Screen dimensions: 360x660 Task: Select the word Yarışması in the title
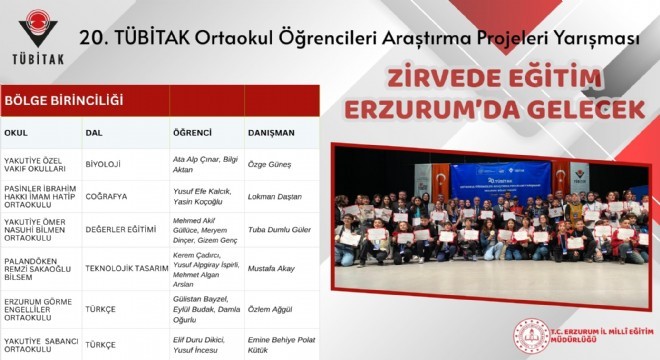580,40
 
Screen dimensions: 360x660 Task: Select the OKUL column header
17,132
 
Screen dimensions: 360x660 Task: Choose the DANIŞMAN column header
271,132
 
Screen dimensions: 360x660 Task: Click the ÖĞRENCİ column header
193,132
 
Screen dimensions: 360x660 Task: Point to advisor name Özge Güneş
269,161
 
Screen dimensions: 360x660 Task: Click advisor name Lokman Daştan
276,197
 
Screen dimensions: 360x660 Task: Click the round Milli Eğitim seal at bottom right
530,336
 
